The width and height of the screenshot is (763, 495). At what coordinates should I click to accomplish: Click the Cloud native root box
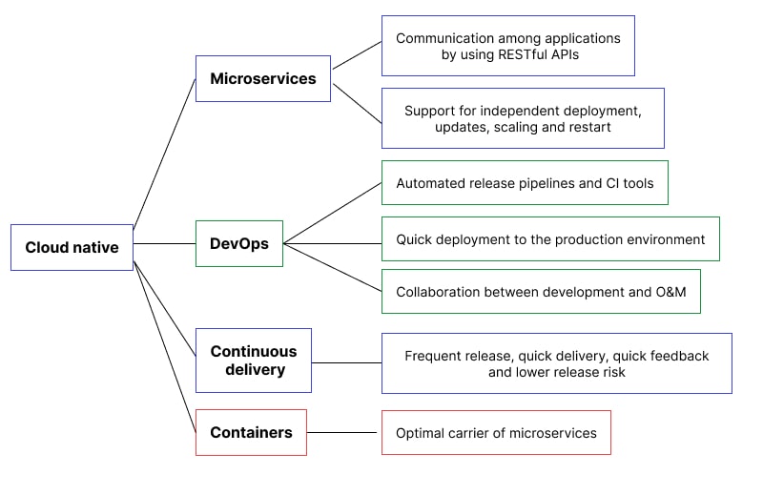click(x=72, y=247)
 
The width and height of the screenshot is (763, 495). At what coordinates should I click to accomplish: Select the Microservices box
click(x=263, y=78)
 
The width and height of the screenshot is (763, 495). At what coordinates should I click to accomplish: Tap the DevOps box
click(x=239, y=243)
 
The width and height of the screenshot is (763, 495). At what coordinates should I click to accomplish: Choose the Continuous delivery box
click(x=254, y=361)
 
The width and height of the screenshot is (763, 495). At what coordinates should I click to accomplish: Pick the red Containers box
click(x=251, y=432)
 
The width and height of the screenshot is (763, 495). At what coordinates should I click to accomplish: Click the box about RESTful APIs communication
click(x=507, y=46)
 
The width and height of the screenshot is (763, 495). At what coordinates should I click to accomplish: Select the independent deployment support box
click(x=523, y=118)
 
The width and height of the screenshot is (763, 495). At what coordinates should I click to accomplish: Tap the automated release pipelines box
click(x=525, y=182)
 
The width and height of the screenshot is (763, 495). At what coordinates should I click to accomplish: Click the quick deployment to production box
click(x=550, y=238)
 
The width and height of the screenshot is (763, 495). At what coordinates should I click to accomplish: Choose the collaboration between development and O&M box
click(x=541, y=292)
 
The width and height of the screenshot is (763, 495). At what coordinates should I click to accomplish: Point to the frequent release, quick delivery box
click(x=556, y=363)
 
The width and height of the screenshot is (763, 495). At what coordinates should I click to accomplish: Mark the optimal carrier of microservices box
click(x=496, y=433)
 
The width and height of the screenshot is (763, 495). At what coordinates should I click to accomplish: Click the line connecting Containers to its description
click(x=343, y=432)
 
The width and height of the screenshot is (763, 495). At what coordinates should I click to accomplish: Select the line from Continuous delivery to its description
click(x=346, y=362)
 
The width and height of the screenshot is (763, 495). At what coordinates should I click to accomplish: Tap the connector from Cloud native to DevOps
click(x=164, y=243)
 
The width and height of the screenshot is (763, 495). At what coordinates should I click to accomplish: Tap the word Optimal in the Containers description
click(x=422, y=433)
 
